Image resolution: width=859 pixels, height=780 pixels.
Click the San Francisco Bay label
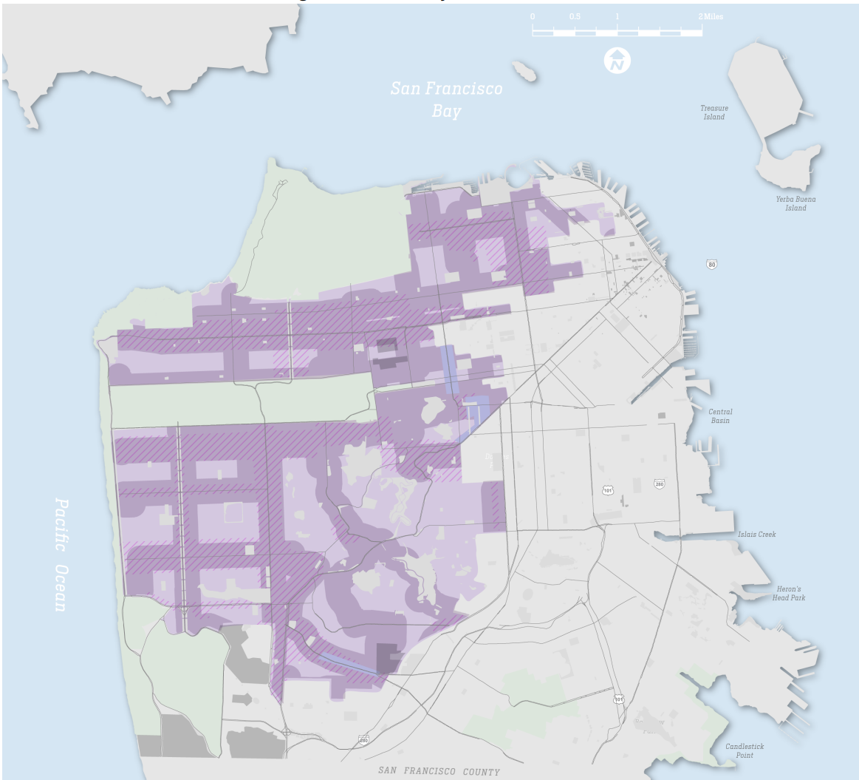446,100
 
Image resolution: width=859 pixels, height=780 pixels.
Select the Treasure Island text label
714,112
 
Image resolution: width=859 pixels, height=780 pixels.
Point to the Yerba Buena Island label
795,203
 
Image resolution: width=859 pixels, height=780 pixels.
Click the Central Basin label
720,416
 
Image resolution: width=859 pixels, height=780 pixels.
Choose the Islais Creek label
756,535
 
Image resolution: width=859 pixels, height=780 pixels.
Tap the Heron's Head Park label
789,593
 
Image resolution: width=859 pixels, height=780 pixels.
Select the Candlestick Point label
745,750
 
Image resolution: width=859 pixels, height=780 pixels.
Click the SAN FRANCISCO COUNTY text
439,771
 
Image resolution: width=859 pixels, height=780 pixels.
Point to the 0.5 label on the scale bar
575,16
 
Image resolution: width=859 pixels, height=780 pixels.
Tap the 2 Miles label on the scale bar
710,16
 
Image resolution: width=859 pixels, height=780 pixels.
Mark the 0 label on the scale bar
533,16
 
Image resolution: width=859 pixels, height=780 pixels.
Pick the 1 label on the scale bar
617,16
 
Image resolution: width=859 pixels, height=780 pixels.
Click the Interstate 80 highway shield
711,264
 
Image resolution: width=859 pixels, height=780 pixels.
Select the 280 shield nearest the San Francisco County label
363,739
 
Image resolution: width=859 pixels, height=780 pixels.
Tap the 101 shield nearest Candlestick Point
618,699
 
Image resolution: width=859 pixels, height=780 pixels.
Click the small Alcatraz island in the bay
525,72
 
